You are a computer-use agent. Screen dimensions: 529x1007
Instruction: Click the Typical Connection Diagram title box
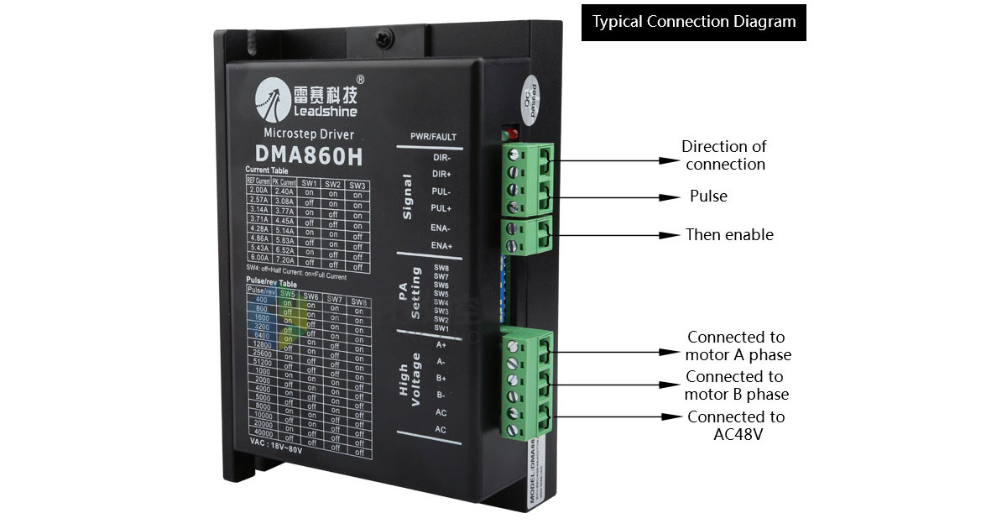(x=694, y=23)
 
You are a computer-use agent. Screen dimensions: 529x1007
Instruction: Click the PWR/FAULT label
(x=434, y=136)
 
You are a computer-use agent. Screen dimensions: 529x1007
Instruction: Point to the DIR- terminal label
(x=441, y=157)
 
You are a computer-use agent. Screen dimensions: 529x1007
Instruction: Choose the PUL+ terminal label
(x=442, y=207)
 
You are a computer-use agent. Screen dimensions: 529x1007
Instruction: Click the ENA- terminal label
(x=441, y=228)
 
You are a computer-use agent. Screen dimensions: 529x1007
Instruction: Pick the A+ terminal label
(x=441, y=344)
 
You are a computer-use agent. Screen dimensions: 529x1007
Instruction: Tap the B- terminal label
(x=441, y=395)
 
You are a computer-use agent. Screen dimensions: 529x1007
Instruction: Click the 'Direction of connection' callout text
(x=724, y=155)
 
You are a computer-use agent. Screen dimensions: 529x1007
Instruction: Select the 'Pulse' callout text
(x=708, y=196)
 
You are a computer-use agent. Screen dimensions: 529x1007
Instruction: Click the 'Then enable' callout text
(x=729, y=235)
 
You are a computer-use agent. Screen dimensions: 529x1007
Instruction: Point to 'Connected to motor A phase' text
(x=738, y=346)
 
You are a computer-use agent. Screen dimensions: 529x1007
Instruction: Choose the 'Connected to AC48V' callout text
(x=736, y=425)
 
